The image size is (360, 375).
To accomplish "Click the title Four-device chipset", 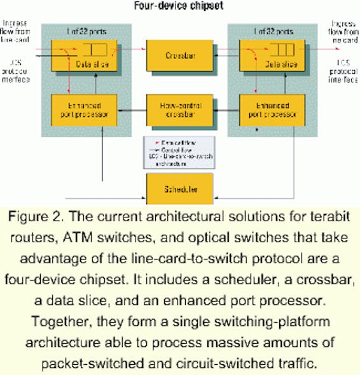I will pyautogui.click(x=181, y=7).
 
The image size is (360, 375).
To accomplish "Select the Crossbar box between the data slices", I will pyautogui.click(x=171, y=55).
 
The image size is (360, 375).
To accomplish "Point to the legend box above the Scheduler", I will pyautogui.click(x=171, y=153).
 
